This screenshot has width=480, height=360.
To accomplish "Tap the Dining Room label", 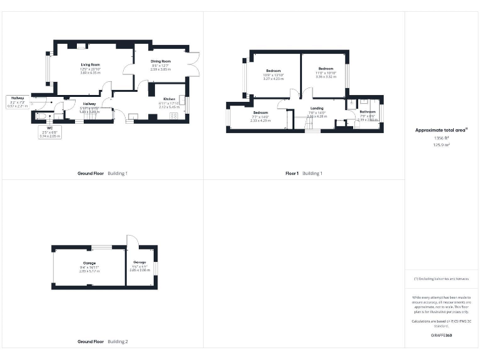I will [x=161, y=61].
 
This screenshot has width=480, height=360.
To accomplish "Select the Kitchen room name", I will [x=169, y=99].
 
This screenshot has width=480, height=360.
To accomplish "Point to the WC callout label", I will [x=49, y=128].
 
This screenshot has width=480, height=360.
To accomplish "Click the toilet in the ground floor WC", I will [x=41, y=116].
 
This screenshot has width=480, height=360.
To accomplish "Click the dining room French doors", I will [x=194, y=62].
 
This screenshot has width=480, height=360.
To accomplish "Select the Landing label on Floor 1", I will [x=317, y=108].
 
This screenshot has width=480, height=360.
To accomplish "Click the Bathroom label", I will [x=367, y=112].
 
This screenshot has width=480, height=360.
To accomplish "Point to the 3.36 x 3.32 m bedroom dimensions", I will [x=326, y=77].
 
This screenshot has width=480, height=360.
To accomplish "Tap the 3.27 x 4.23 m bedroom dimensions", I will [x=274, y=79].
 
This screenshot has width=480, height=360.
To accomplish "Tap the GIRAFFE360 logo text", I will [x=441, y=336].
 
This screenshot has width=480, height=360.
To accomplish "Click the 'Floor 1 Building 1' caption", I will [x=303, y=173].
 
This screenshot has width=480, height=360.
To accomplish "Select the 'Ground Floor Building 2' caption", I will [x=102, y=342].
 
